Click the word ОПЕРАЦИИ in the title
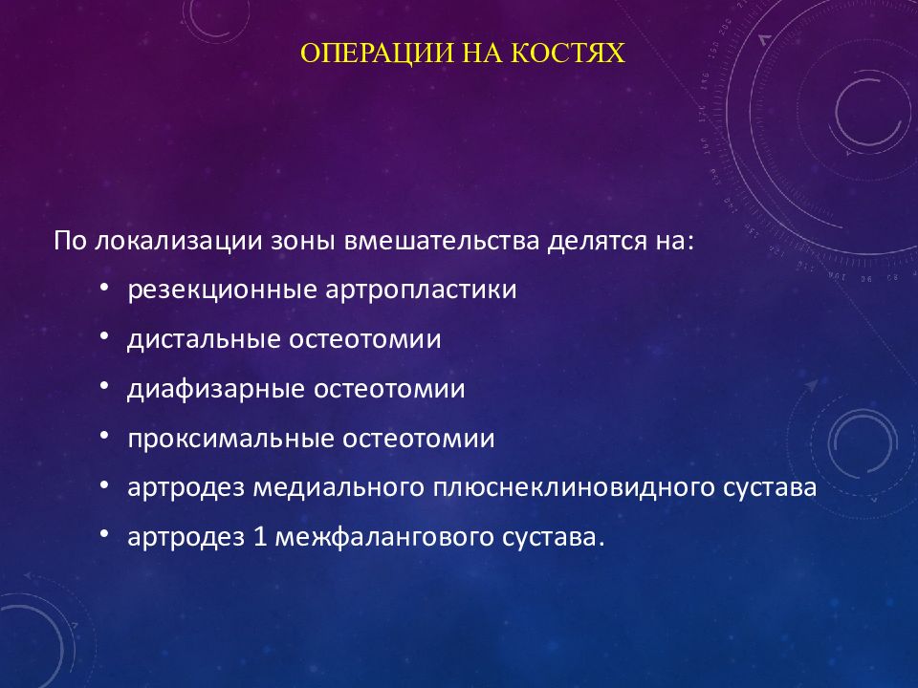click(377, 54)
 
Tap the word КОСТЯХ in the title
click(568, 53)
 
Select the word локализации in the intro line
click(178, 241)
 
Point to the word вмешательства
click(442, 241)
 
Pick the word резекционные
click(223, 290)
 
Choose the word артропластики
click(421, 290)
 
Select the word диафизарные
click(216, 390)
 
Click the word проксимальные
click(230, 439)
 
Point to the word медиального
click(339, 488)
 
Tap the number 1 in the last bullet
click(260, 537)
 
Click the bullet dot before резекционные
click(104, 288)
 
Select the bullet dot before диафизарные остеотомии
click(104, 386)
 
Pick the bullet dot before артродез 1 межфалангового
click(104, 534)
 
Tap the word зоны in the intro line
click(303, 242)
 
